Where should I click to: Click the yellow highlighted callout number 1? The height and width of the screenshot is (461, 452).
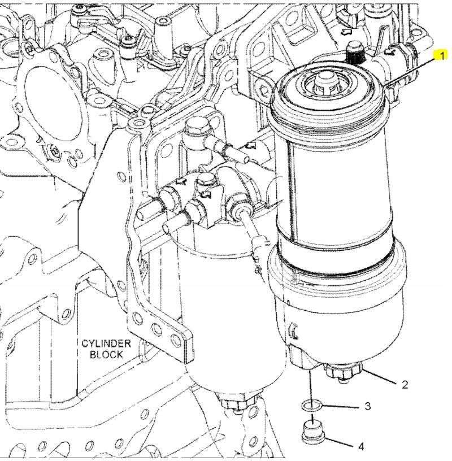441,55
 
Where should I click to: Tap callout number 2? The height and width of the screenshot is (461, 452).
405,385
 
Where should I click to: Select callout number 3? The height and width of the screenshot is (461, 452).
368,406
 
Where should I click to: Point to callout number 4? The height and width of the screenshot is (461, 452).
361,446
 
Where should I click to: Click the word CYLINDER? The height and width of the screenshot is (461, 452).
106,343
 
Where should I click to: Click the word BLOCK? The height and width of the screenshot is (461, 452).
106,354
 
